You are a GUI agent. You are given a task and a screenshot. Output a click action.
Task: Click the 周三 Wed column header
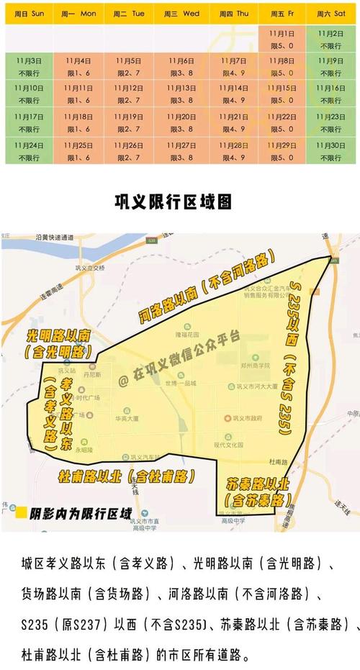pyautogui.click(x=181, y=14)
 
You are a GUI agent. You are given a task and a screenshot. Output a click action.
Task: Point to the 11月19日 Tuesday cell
pyautogui.click(x=130, y=122)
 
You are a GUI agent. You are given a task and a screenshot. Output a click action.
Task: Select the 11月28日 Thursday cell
pyautogui.click(x=232, y=150)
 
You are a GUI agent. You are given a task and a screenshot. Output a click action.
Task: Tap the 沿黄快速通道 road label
pyautogui.click(x=55, y=237)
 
